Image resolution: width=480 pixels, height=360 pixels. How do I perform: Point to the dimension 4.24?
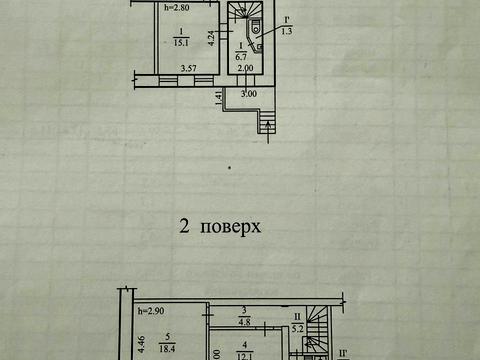pos(211,41)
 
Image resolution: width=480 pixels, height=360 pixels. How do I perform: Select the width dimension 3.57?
pos(187,68)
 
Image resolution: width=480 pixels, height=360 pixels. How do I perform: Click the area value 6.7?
pos(241,56)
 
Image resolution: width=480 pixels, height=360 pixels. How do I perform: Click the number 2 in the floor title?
pos(184,225)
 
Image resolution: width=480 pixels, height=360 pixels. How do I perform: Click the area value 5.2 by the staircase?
pos(296,323)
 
